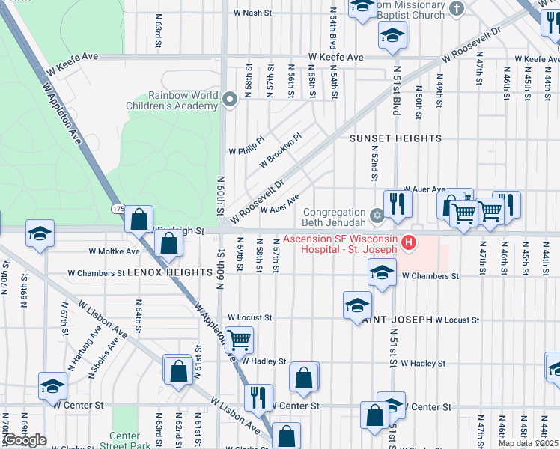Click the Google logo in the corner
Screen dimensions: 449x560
[25, 440]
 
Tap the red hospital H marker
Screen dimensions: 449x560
[409, 242]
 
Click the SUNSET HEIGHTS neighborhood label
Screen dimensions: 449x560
[396, 139]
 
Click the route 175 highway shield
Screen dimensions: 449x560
[118, 207]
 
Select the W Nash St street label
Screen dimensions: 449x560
[252, 13]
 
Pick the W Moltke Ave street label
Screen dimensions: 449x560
[114, 252]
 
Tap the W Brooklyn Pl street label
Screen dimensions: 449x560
[280, 150]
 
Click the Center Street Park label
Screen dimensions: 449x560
[125, 441]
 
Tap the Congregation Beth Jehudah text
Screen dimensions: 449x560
[333, 217]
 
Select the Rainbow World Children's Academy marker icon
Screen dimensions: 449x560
[231, 96]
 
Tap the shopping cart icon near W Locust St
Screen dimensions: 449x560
[239, 340]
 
